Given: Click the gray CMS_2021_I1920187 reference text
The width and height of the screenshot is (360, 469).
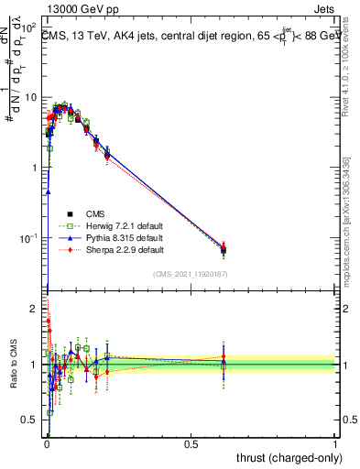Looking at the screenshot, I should [x=191, y=275].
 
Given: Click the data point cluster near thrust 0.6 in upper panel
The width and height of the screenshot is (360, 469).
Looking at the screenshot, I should [x=224, y=248].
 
